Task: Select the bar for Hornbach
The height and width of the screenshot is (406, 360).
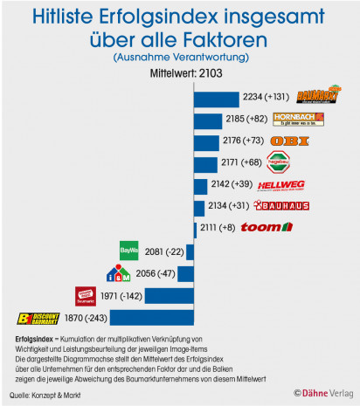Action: click(208, 119)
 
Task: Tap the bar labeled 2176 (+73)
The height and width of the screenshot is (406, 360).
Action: click(207, 141)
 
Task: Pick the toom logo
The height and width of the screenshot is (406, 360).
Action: click(266, 228)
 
